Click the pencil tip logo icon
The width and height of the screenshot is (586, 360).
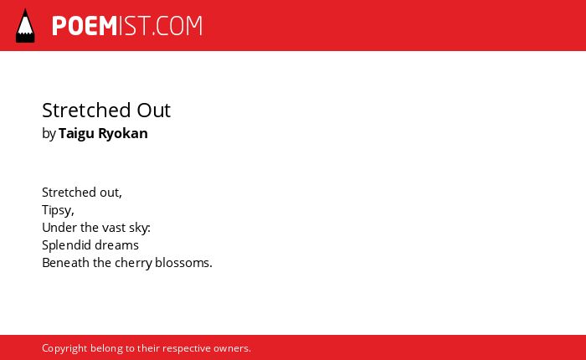pos(25,25)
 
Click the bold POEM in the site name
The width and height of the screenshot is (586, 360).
pos(85,26)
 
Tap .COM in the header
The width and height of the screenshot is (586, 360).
pos(177,26)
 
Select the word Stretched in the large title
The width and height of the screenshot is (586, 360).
pos(86,111)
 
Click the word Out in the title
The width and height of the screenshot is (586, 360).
pos(153,111)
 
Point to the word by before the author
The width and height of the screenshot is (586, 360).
pos(49,134)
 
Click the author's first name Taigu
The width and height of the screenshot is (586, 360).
pos(76,134)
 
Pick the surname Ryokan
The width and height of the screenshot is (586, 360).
pos(123,134)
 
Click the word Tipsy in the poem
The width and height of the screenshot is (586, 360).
pos(58,210)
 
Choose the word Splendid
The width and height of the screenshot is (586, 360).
pos(66,245)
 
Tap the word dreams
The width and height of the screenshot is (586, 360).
pos(116,245)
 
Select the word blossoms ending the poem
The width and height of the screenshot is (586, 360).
pos(183,262)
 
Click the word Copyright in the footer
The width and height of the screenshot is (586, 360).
pos(64,348)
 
